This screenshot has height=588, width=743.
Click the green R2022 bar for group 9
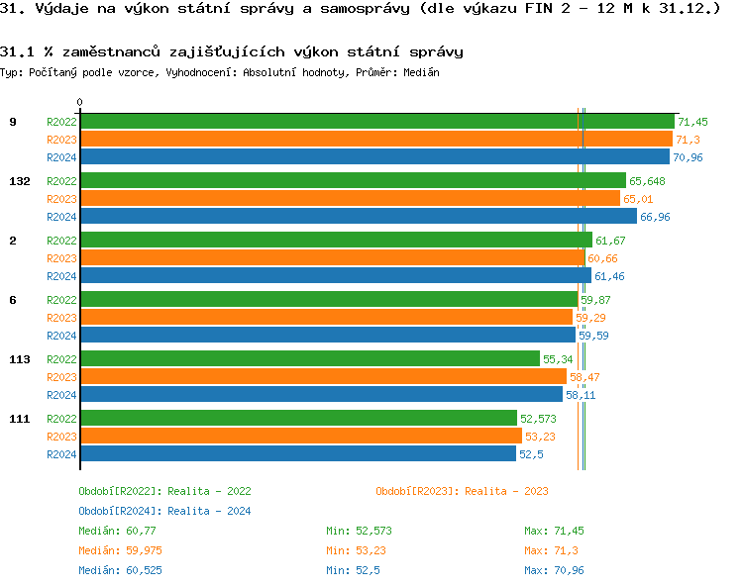[x=376, y=121]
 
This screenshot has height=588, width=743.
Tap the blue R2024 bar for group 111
[x=297, y=453]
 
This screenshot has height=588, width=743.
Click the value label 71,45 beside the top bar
[x=693, y=121]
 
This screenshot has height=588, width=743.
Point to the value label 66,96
[x=655, y=217]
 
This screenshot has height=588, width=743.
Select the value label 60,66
[x=602, y=258]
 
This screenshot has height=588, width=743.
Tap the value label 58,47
[x=584, y=377]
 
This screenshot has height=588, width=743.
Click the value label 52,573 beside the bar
[x=539, y=419]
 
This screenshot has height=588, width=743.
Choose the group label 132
[x=19, y=181]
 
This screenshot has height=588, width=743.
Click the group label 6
[x=13, y=300]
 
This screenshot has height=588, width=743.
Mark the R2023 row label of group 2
[x=61, y=258]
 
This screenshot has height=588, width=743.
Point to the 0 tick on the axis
[x=80, y=102]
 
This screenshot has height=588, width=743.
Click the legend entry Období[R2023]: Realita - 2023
[x=462, y=491]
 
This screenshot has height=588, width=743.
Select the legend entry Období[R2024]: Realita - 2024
[x=164, y=511]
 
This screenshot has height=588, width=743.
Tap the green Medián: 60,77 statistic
[x=117, y=531]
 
